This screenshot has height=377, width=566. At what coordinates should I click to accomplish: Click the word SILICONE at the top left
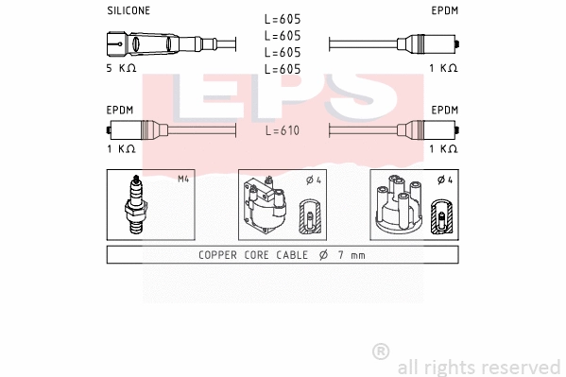(128, 10)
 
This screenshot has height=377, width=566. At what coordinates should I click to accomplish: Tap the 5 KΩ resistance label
(122, 69)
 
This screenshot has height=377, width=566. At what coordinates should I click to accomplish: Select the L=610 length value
(283, 130)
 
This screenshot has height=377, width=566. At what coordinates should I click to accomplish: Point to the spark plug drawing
(136, 205)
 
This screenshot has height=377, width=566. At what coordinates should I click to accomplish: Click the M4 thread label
(183, 179)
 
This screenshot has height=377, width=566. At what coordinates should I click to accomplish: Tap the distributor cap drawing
(398, 206)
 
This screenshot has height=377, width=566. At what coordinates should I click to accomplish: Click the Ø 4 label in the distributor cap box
(444, 180)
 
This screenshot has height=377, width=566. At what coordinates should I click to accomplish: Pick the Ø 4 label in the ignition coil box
(313, 180)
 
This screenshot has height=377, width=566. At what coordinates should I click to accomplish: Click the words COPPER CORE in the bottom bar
(237, 255)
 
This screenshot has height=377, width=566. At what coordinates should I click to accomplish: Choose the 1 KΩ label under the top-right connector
(443, 69)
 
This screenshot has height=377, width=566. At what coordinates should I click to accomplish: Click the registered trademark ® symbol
(381, 351)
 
